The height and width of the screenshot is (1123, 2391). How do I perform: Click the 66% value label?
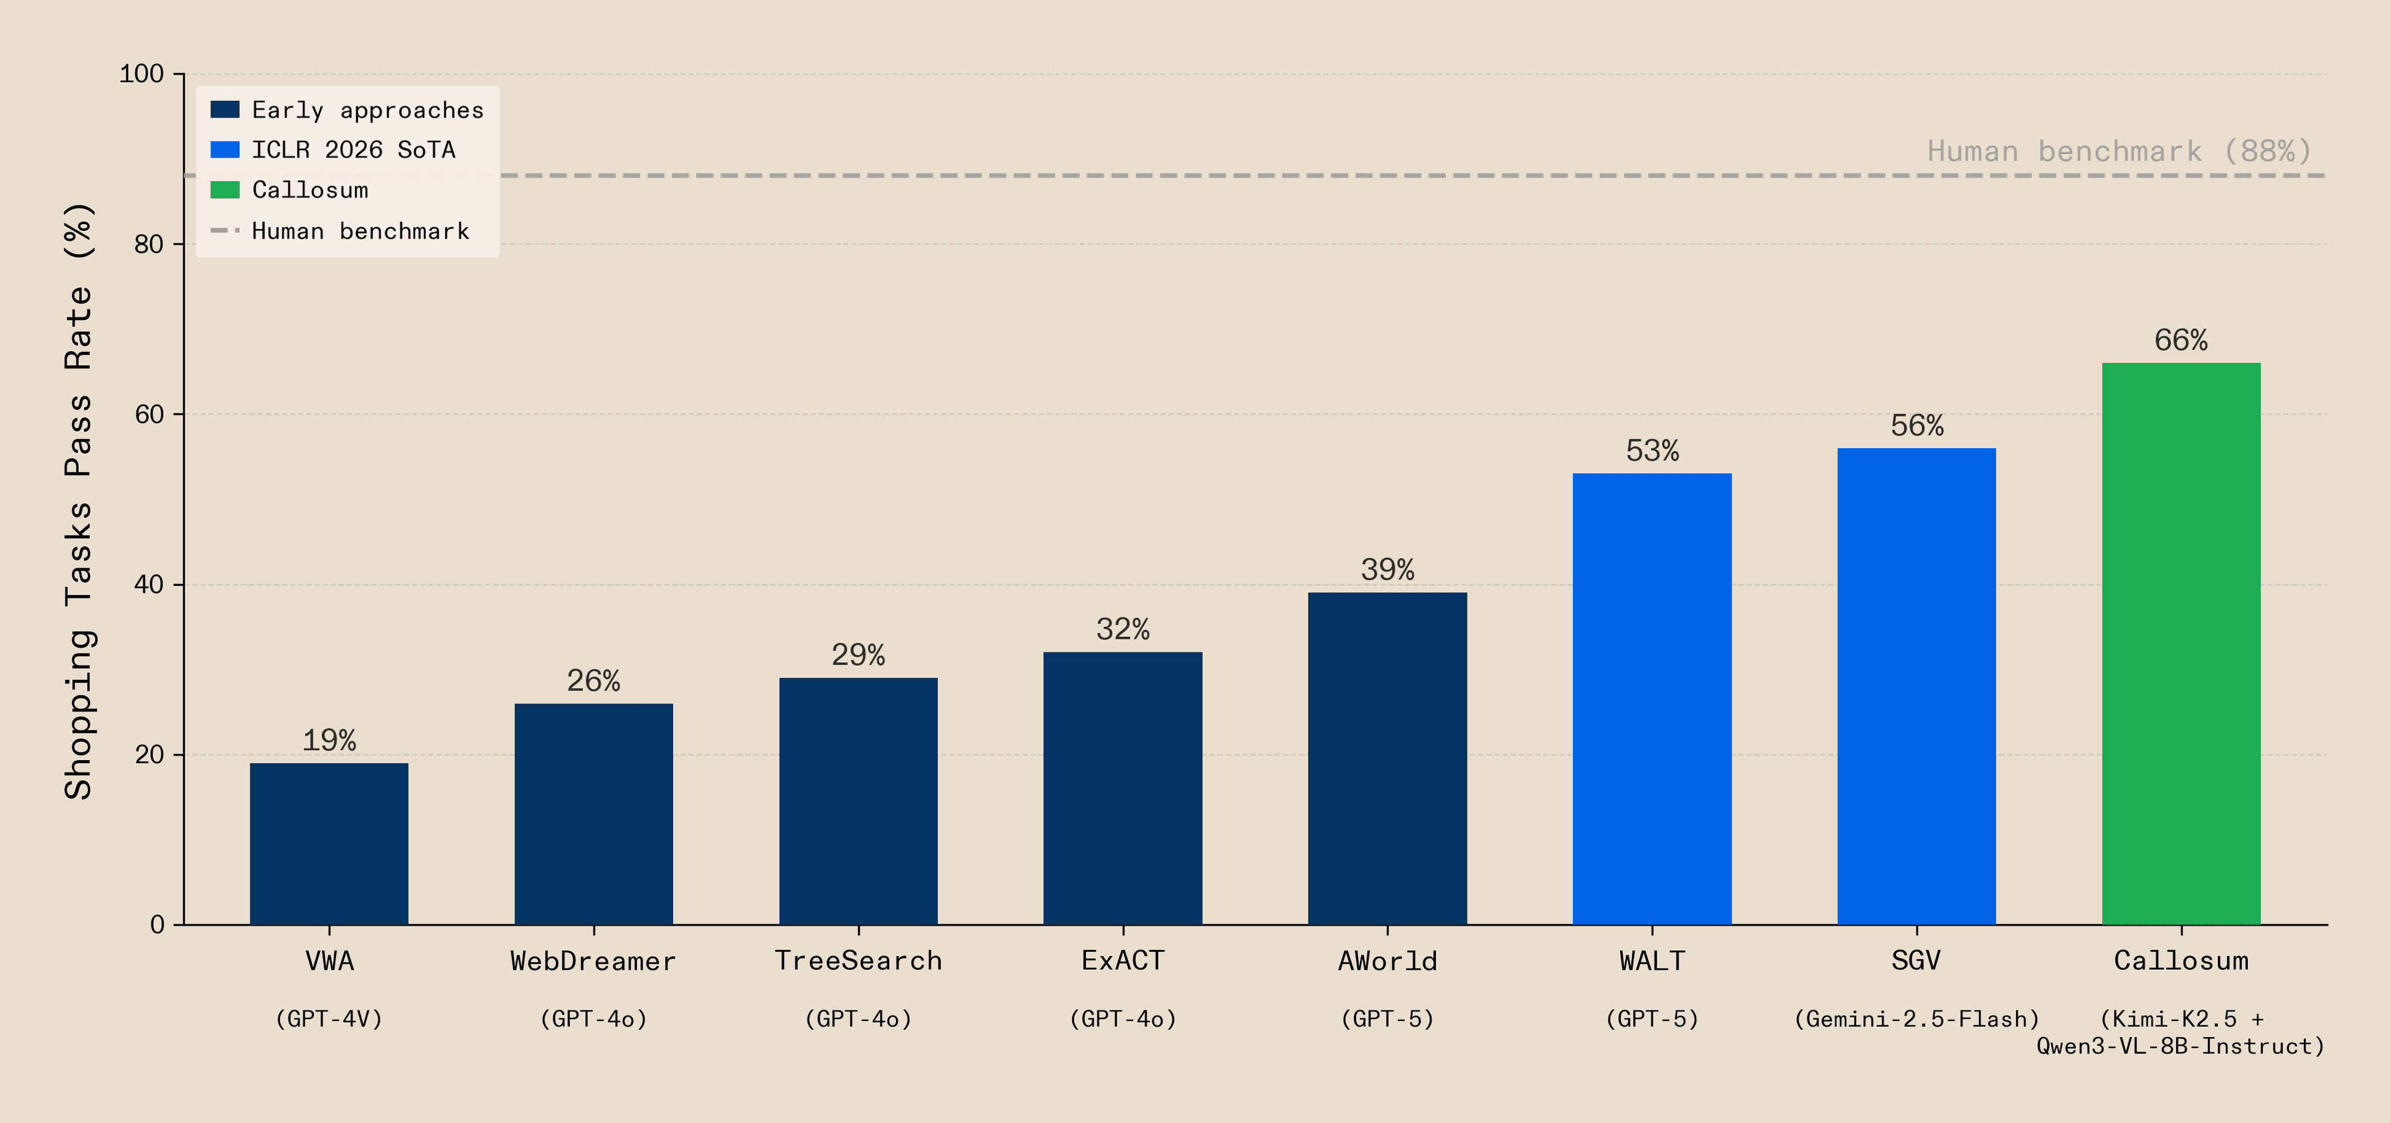2181,341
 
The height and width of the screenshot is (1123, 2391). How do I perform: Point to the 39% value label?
1387,570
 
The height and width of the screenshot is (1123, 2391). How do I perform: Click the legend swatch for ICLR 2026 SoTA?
225,149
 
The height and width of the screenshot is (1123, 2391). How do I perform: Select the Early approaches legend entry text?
367,110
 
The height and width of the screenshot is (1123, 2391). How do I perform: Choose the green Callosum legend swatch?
225,189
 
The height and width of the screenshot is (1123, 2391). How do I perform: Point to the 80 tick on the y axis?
149,244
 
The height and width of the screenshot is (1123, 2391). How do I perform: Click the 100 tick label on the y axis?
141,73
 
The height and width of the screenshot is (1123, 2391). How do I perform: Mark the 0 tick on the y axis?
157,924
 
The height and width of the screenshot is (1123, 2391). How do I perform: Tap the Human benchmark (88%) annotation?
2118,151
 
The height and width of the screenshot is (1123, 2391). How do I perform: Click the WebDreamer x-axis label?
593,961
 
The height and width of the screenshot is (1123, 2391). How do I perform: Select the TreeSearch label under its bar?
857,961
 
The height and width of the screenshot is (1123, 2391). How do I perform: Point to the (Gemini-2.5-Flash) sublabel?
1916,1019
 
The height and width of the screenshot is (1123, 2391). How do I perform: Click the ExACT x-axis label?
1122,961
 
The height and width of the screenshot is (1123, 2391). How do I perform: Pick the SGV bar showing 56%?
1916,686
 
